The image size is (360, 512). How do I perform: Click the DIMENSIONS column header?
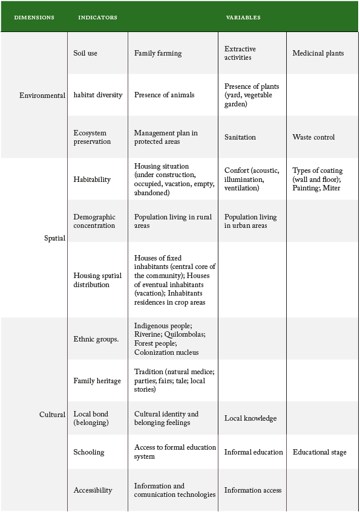tap(34, 18)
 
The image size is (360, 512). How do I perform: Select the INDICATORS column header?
tap(97, 18)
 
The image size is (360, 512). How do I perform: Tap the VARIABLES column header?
tap(243, 18)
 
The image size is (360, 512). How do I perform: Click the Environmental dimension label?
tap(42, 96)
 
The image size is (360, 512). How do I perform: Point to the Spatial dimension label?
tap(54, 238)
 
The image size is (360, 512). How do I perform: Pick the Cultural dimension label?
tap(52, 415)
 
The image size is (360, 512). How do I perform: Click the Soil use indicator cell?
tap(85, 53)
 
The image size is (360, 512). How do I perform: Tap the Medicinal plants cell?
tap(318, 53)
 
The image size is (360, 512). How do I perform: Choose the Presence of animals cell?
tap(165, 95)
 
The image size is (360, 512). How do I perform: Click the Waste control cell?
tap(313, 137)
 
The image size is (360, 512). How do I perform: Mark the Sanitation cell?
tap(240, 137)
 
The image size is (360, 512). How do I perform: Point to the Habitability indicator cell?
tap(92, 180)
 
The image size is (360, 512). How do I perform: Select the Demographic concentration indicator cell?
tap(94, 221)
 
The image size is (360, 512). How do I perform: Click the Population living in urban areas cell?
tap(250, 221)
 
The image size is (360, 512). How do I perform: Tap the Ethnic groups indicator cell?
tap(96, 339)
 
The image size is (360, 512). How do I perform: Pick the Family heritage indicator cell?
tap(97, 381)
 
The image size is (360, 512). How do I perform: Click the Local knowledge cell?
tap(250, 418)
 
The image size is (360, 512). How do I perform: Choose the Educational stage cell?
tap(319, 452)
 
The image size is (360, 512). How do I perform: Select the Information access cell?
tap(253, 490)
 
